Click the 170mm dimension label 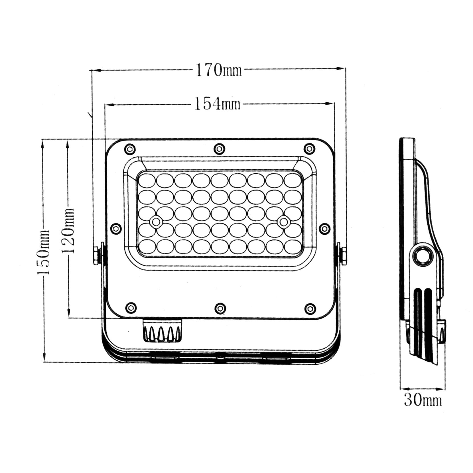pyautogui.click(x=218, y=70)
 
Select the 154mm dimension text pyautogui.click(x=217, y=104)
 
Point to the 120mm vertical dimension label pyautogui.click(x=68, y=231)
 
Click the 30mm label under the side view pyautogui.click(x=423, y=400)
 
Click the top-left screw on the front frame pyautogui.click(x=130, y=149)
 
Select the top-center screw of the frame pyautogui.click(x=219, y=149)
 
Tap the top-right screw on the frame pyautogui.click(x=309, y=149)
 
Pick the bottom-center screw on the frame pyautogui.click(x=220, y=308)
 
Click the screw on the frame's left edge pyautogui.click(x=115, y=228)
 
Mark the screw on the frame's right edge pyautogui.click(x=324, y=228)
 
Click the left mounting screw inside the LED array pyautogui.click(x=156, y=222)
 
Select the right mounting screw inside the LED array pyautogui.click(x=283, y=222)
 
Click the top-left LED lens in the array pyautogui.click(x=147, y=180)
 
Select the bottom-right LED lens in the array pyautogui.click(x=293, y=246)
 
